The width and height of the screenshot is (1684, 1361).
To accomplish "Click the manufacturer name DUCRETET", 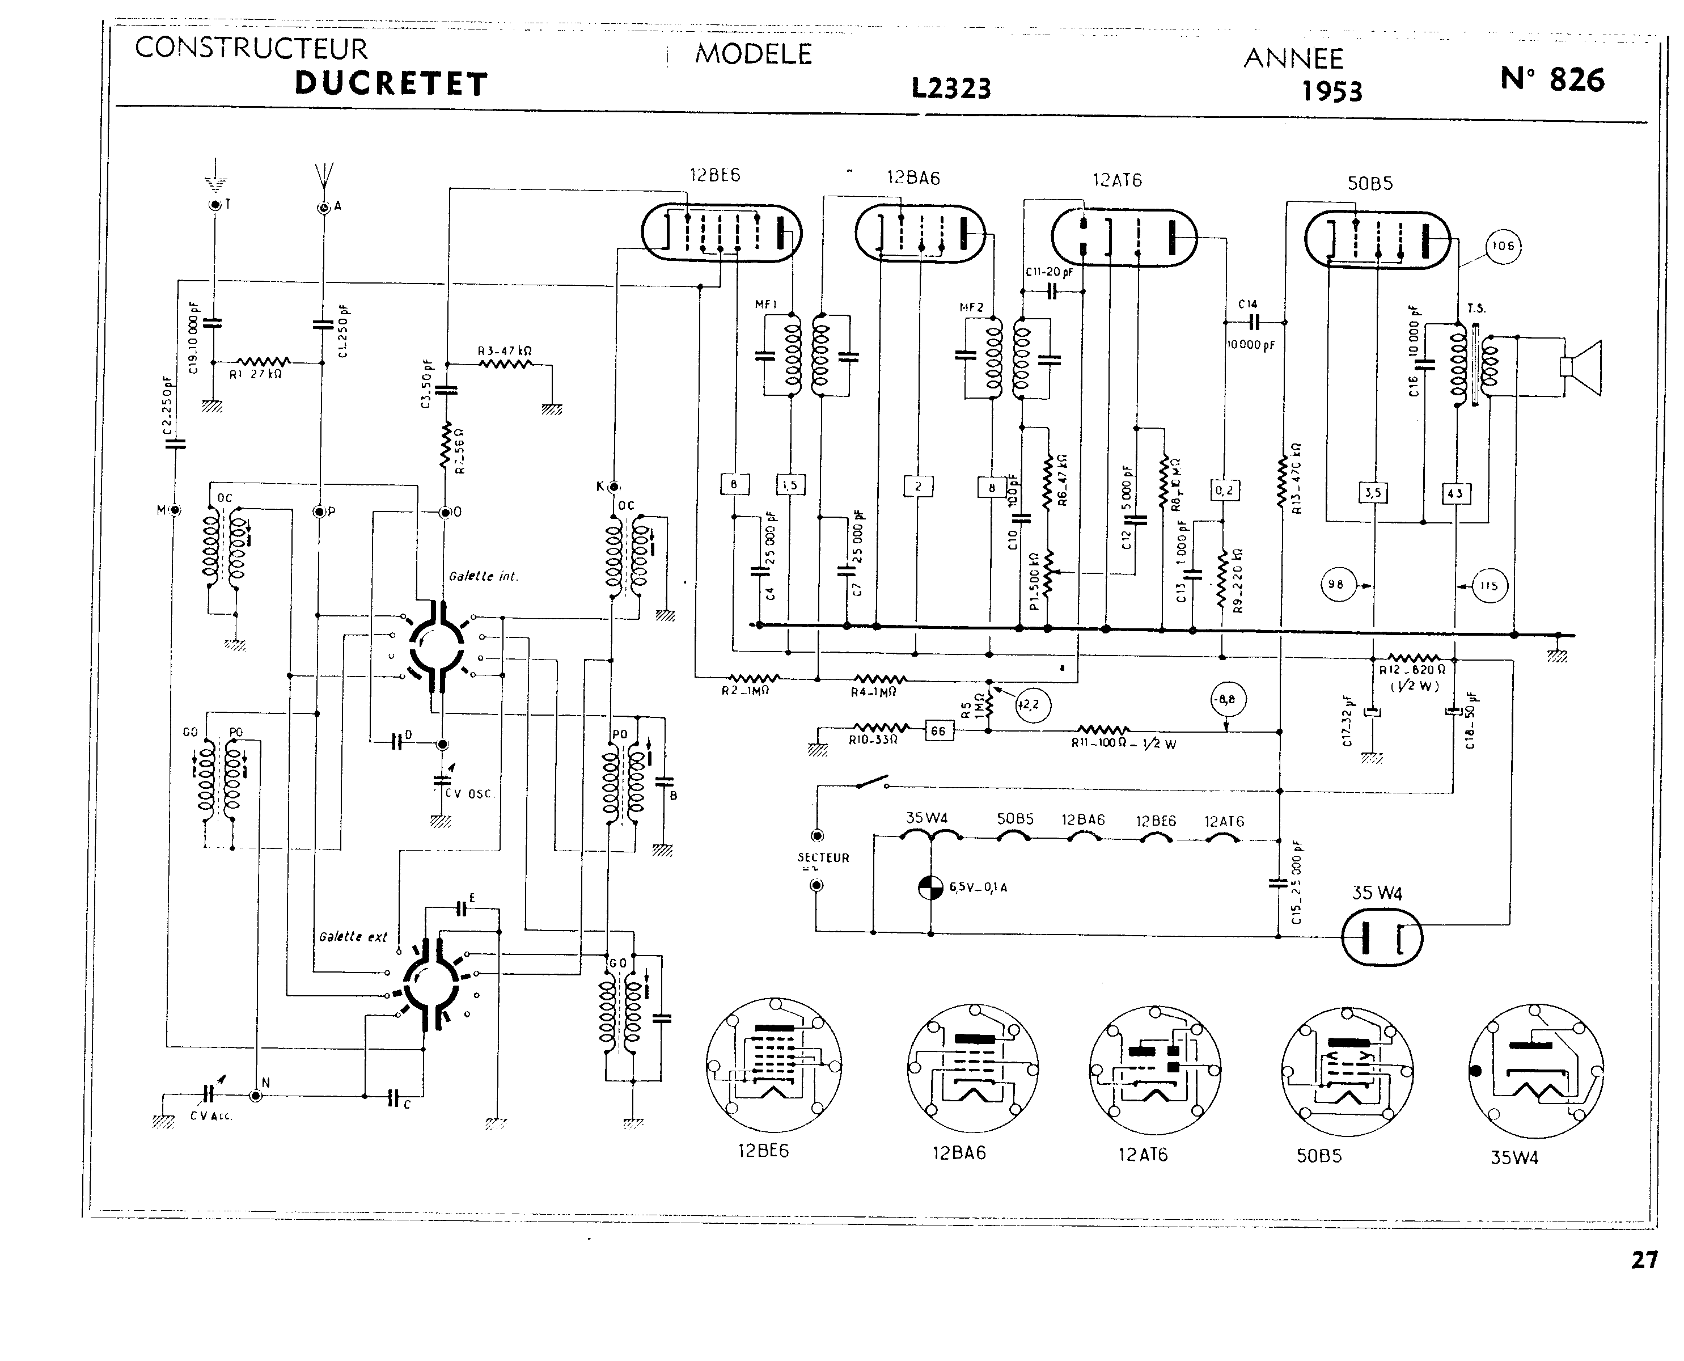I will (391, 84).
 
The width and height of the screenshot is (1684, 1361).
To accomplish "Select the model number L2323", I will (950, 88).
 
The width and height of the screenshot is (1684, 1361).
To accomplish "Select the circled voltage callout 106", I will (1502, 246).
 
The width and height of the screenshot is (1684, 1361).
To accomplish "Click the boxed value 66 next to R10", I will (938, 730).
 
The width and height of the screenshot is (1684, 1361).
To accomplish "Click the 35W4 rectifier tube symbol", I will (1381, 937).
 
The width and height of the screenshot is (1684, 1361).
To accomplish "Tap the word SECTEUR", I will (823, 857).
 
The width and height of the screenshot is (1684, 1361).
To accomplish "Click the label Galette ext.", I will (353, 937).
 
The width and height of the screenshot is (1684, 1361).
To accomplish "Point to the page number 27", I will (1644, 1260).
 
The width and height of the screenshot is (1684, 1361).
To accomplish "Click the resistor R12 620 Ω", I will (1414, 658).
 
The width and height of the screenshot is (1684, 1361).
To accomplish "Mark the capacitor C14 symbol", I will (1254, 322).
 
